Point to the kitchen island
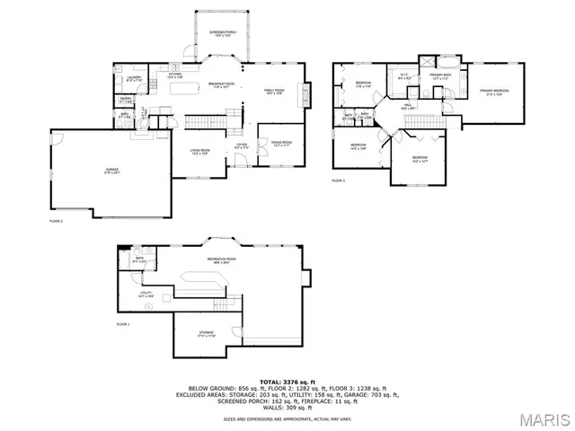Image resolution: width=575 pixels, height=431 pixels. [x=183, y=88]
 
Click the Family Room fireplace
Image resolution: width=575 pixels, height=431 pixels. [x=309, y=93]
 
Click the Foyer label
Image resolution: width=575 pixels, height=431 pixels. [x=241, y=145]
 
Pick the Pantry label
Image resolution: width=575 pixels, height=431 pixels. [x=127, y=101]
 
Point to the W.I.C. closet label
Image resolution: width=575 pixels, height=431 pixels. [x=404, y=78]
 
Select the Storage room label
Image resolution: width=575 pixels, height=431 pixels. [x=207, y=334]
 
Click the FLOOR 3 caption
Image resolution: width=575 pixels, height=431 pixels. [x=338, y=180]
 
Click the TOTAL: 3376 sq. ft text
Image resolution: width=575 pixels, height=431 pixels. [x=287, y=382]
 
